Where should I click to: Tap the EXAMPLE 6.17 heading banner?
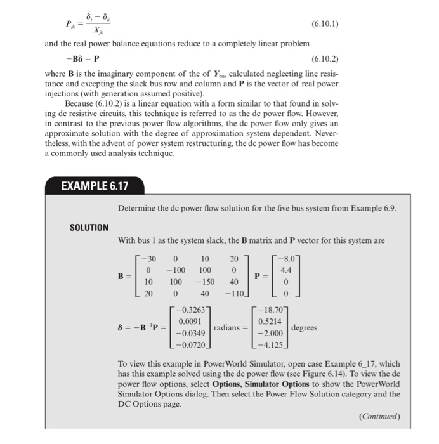[x=95, y=187]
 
